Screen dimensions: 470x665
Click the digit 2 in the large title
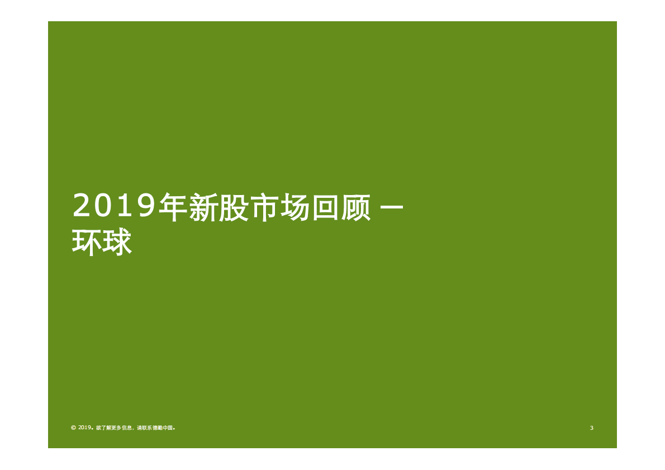[83, 207]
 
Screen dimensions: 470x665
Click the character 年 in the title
[170, 207]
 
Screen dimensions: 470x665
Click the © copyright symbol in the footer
[73, 428]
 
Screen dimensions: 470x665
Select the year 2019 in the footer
[84, 428]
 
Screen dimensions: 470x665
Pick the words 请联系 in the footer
[145, 428]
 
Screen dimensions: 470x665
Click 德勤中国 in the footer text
[165, 428]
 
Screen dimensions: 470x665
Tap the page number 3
[591, 428]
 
